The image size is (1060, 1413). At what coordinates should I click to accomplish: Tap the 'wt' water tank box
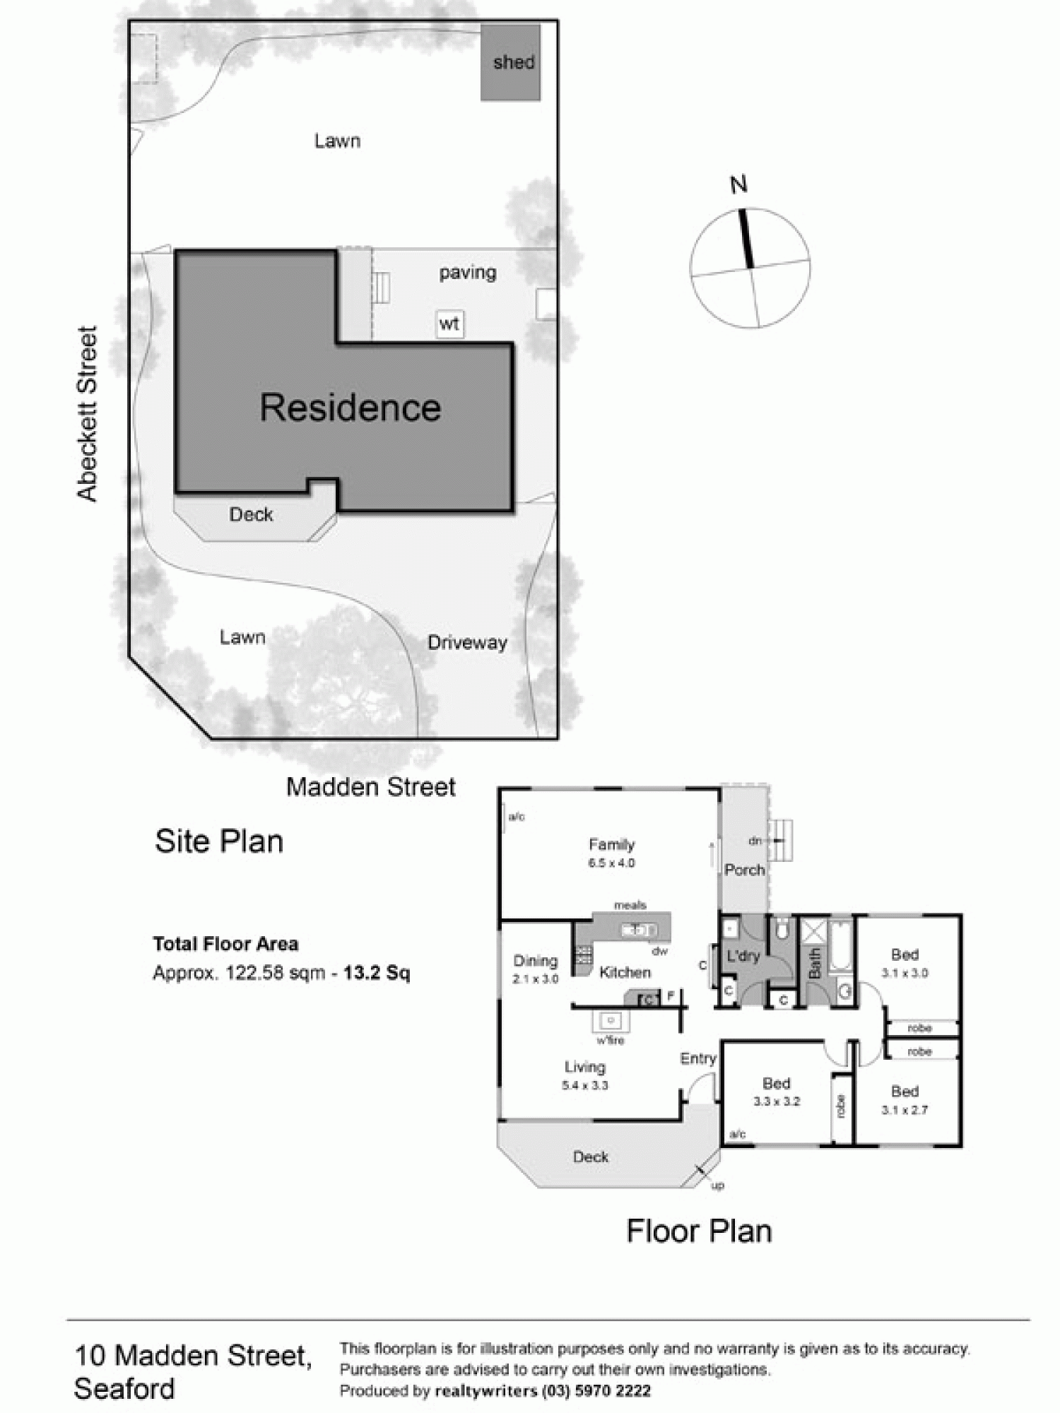(x=449, y=324)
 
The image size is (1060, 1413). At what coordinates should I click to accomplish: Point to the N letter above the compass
(x=738, y=185)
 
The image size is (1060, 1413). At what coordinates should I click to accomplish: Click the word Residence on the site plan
(x=350, y=408)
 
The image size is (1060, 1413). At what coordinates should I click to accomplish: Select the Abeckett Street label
(x=87, y=414)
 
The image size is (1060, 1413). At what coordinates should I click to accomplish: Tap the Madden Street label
(x=370, y=787)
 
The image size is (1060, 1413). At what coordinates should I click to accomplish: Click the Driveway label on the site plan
(x=467, y=642)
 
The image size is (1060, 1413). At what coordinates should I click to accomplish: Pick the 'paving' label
(x=467, y=272)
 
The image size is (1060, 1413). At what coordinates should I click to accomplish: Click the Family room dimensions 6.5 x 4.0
(x=611, y=863)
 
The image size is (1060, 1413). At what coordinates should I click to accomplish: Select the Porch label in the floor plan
(x=745, y=870)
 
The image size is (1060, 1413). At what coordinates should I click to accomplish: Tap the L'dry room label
(x=743, y=956)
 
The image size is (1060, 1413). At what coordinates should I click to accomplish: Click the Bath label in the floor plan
(x=813, y=963)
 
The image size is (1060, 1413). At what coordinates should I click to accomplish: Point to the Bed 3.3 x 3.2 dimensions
(x=776, y=1101)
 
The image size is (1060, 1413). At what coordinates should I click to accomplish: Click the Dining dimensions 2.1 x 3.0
(x=535, y=979)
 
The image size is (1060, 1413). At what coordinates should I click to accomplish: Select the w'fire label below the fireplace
(x=610, y=1040)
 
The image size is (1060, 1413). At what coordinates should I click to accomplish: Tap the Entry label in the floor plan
(x=698, y=1058)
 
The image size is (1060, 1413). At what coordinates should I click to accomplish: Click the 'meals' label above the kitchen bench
(x=630, y=905)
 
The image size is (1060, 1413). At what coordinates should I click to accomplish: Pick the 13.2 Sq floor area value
(x=377, y=973)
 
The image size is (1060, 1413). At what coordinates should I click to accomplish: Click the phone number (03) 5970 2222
(x=596, y=1391)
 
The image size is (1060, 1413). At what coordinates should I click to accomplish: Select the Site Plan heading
(x=219, y=841)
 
